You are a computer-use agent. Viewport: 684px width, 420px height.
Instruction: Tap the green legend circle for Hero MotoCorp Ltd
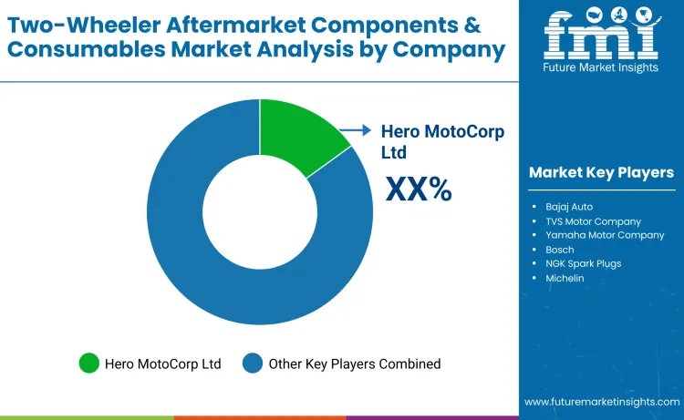click(x=90, y=364)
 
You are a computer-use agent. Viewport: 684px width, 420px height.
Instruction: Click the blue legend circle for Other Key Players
click(x=253, y=364)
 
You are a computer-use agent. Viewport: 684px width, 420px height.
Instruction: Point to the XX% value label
click(x=419, y=189)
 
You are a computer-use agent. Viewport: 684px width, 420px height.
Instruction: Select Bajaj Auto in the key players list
click(x=569, y=207)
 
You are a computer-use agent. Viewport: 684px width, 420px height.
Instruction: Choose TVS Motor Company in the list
click(x=593, y=220)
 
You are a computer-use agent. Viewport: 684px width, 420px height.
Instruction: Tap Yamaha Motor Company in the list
click(x=605, y=235)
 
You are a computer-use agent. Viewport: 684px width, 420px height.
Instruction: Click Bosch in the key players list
click(x=560, y=250)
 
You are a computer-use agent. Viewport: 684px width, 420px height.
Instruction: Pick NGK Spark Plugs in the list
click(x=583, y=263)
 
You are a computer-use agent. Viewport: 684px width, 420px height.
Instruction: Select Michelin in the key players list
click(x=565, y=278)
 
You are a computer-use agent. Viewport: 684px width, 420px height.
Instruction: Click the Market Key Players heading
click(x=601, y=172)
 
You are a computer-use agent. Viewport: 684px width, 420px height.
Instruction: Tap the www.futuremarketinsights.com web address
click(x=602, y=402)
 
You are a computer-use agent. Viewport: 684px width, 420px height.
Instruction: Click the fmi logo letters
click(x=600, y=35)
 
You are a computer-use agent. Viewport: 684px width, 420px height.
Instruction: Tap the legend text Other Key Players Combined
click(x=354, y=364)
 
